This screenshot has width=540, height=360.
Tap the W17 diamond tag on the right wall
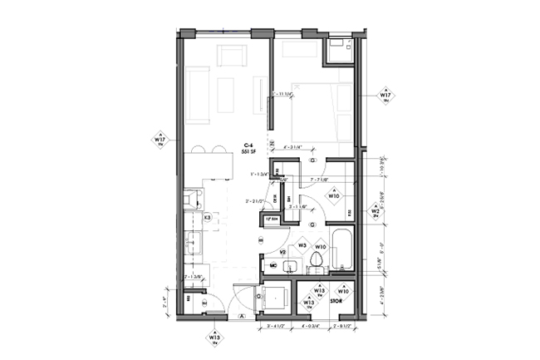385,96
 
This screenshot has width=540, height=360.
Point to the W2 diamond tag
376,211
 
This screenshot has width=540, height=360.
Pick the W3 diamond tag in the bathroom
303,246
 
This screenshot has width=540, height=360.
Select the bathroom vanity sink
291,266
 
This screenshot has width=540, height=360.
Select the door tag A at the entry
241,317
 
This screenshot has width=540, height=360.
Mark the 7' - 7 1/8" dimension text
320,179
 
